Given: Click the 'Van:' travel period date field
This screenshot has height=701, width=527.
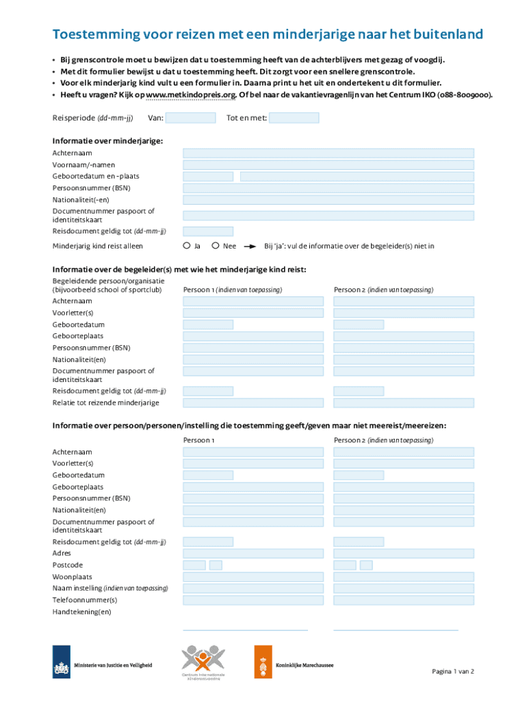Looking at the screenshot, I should click(x=191, y=118).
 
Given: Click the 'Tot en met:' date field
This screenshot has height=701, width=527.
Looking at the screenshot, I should click(x=294, y=118).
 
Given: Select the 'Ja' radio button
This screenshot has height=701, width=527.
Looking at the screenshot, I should click(x=186, y=246).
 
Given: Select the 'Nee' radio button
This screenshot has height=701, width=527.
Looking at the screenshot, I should click(x=215, y=246).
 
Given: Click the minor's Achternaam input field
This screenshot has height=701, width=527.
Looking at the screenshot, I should click(x=328, y=153).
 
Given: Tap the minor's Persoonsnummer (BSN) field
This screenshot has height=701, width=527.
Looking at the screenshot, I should click(x=328, y=188).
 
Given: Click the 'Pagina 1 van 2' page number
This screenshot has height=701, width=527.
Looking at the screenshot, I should click(x=452, y=672).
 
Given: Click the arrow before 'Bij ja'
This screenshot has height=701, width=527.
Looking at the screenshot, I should click(x=251, y=246).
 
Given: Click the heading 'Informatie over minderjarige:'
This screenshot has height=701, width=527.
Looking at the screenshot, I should click(x=107, y=141).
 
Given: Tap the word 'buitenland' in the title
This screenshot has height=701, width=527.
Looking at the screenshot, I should click(x=445, y=35).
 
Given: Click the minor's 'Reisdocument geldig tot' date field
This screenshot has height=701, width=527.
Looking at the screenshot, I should click(x=208, y=231).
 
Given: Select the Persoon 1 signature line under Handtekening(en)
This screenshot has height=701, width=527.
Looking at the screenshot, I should click(x=245, y=628).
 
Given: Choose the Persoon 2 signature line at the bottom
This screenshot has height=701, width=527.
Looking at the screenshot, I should click(x=396, y=628).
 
